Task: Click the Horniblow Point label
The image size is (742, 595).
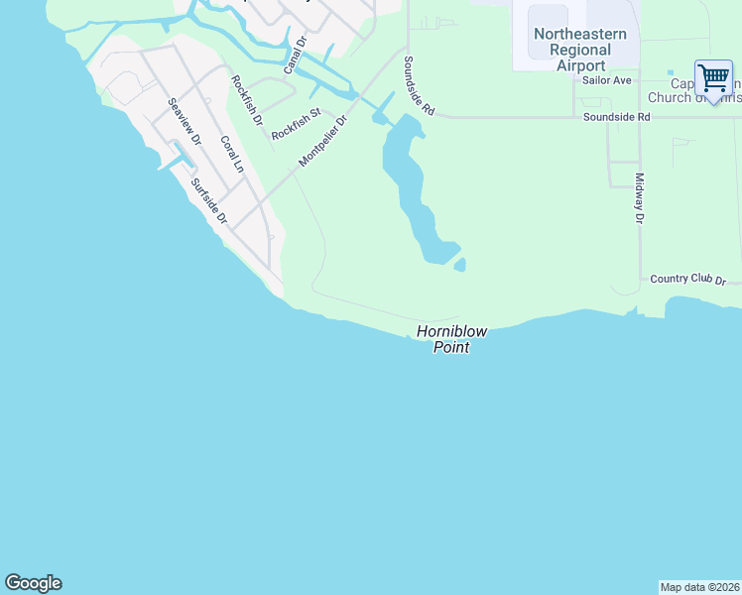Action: tap(442, 339)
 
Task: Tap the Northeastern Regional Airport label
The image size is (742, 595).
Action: tap(580, 50)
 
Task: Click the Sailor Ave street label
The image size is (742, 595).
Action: tap(607, 80)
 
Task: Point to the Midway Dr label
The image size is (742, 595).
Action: tap(640, 198)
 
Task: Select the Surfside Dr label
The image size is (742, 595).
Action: tap(209, 201)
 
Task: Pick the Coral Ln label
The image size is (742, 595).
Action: tap(231, 155)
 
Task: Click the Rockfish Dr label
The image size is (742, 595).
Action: tap(246, 100)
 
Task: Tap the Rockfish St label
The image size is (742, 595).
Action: tap(296, 124)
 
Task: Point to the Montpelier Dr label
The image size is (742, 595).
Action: tap(323, 142)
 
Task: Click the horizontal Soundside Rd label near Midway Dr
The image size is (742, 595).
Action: tap(616, 117)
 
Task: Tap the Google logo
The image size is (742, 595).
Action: tap(33, 583)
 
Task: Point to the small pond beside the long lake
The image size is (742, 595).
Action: tap(459, 265)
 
